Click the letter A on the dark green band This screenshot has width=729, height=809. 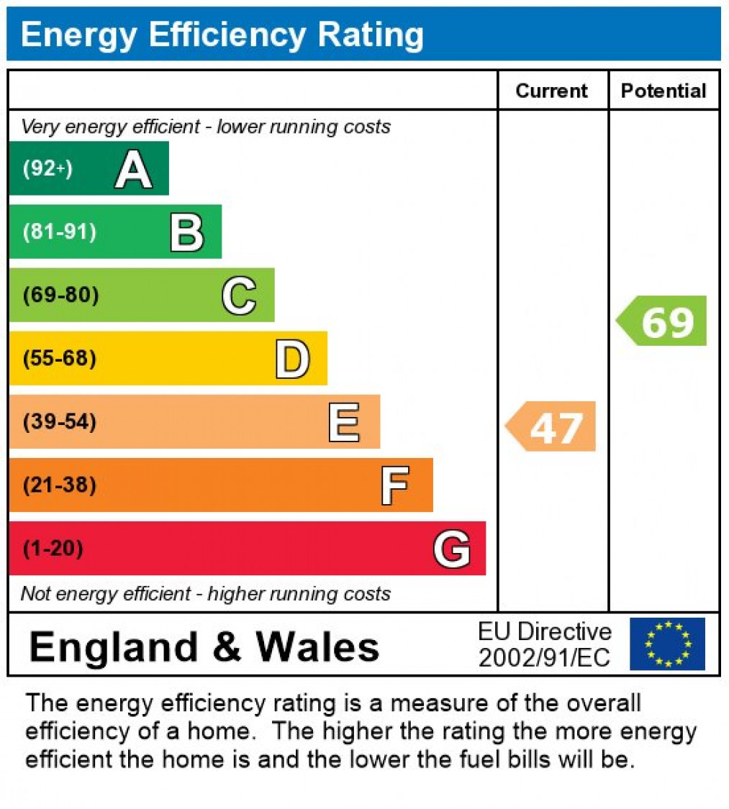133,170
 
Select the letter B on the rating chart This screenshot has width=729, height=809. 186,232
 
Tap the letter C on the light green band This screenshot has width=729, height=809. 239,296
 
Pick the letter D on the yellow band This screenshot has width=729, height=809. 292,359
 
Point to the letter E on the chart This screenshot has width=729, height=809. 344,422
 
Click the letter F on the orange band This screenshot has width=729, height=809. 395,485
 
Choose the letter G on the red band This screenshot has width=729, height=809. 452,549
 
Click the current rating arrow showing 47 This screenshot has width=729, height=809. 553,426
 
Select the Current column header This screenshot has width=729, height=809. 552,91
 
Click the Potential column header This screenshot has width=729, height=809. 664,91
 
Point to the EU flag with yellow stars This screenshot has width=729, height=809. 667,644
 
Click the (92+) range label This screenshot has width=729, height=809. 48,169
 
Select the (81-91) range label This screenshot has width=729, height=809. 60,232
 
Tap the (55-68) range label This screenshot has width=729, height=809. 60,358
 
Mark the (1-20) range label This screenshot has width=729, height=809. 53,549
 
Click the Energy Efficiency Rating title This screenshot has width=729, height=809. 222,35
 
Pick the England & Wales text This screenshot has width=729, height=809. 204,646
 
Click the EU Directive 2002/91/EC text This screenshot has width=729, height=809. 545,644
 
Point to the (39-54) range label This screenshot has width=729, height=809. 60,421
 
